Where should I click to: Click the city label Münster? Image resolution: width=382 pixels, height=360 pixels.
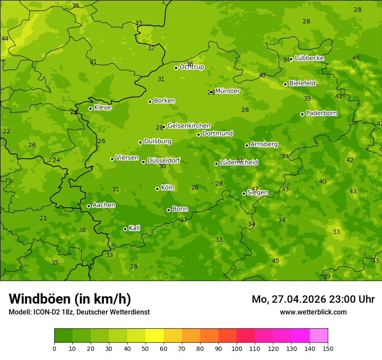coord(227,91)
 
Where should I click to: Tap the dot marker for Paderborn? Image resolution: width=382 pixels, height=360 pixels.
coord(302,114)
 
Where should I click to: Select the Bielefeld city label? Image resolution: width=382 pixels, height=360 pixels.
coord(302,83)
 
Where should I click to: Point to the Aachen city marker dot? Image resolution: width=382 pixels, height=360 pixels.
coord(89,206)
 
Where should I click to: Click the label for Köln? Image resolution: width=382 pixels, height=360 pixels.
coord(167,188)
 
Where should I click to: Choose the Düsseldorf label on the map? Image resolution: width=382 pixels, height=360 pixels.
coord(163,161)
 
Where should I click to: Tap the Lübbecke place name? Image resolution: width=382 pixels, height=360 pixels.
coord(309,58)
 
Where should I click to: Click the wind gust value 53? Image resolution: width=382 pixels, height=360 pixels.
coord(336,232)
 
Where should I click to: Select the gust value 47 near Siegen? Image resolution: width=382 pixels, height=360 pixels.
coord(255,189)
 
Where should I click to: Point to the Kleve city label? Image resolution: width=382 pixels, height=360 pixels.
coord(102,108)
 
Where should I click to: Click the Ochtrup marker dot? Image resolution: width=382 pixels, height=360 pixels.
coord(176,68)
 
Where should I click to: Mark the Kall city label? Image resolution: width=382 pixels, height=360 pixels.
coord(134,228)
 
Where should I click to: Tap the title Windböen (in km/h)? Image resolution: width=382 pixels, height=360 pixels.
coord(70,299)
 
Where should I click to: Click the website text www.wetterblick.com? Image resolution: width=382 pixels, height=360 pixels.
coord(313,312)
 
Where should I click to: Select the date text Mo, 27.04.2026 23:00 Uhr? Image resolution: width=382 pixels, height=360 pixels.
coord(313,299)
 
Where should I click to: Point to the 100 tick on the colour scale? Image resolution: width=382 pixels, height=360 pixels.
coord(237,348)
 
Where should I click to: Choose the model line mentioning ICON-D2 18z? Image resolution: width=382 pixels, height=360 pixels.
coord(79,312)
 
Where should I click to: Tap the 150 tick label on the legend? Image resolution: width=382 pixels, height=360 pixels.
coord(328,348)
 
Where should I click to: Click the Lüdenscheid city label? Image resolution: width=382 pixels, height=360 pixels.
coord(239,163)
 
